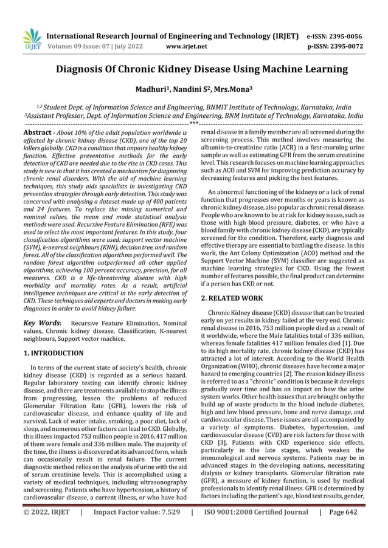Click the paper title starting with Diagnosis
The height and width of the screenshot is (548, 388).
pos(193,69)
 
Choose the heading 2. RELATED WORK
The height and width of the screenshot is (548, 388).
pos(232,298)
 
